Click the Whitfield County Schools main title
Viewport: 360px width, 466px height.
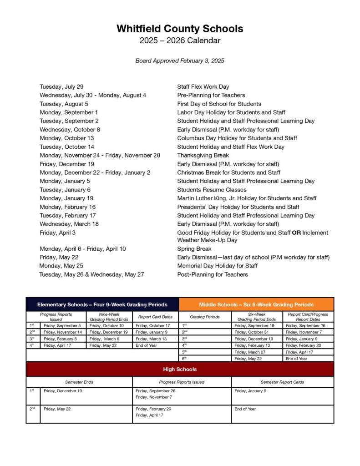pos(180,29)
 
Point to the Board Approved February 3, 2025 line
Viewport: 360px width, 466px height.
pos(180,61)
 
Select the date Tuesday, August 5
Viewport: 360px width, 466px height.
pos(64,104)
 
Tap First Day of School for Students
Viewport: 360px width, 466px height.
pos(219,104)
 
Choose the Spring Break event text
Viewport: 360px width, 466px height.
pos(194,249)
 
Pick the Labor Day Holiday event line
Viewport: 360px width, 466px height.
pos(231,112)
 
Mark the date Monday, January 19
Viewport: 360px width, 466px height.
pos(66,198)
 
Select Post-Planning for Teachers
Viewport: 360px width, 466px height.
pos(213,274)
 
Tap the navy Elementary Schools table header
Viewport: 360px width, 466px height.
pos(102,304)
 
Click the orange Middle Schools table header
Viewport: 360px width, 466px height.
pos(256,304)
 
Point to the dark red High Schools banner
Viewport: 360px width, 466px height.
pos(180,369)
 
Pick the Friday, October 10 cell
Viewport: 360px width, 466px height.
pos(106,326)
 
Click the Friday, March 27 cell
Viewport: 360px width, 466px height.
pos(250,352)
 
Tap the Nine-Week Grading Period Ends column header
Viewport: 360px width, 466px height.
pos(109,317)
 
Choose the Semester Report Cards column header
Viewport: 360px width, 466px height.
pos(282,382)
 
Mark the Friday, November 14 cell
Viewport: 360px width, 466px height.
pos(62,332)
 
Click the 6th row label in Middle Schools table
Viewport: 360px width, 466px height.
pos(184,359)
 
